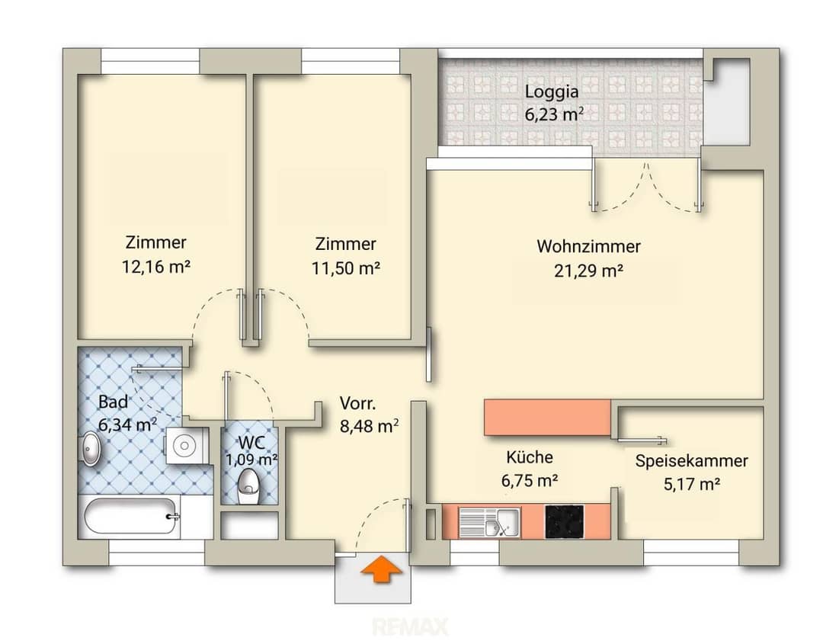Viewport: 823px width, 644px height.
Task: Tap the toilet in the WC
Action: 248,486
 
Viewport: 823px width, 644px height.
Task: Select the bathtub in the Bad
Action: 131,516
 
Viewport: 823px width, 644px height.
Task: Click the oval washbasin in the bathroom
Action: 91,448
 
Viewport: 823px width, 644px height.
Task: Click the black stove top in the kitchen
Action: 564,522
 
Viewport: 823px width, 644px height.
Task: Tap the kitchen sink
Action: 489,523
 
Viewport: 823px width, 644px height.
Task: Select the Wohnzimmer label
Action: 588,246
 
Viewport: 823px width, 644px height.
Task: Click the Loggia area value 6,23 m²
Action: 554,114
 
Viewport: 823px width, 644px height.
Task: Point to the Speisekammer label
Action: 691,461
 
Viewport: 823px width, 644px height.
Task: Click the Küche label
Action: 529,457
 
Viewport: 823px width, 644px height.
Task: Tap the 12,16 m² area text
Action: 156,267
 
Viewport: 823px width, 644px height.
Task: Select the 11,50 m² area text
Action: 346,268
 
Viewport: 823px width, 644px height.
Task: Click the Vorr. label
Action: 357,404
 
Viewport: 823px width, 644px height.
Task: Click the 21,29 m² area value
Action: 588,271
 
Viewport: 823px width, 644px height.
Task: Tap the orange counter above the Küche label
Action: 547,418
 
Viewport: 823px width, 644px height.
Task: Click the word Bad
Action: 113,402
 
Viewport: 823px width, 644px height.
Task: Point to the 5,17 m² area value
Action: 691,484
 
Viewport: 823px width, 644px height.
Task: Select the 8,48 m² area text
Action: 369,426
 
